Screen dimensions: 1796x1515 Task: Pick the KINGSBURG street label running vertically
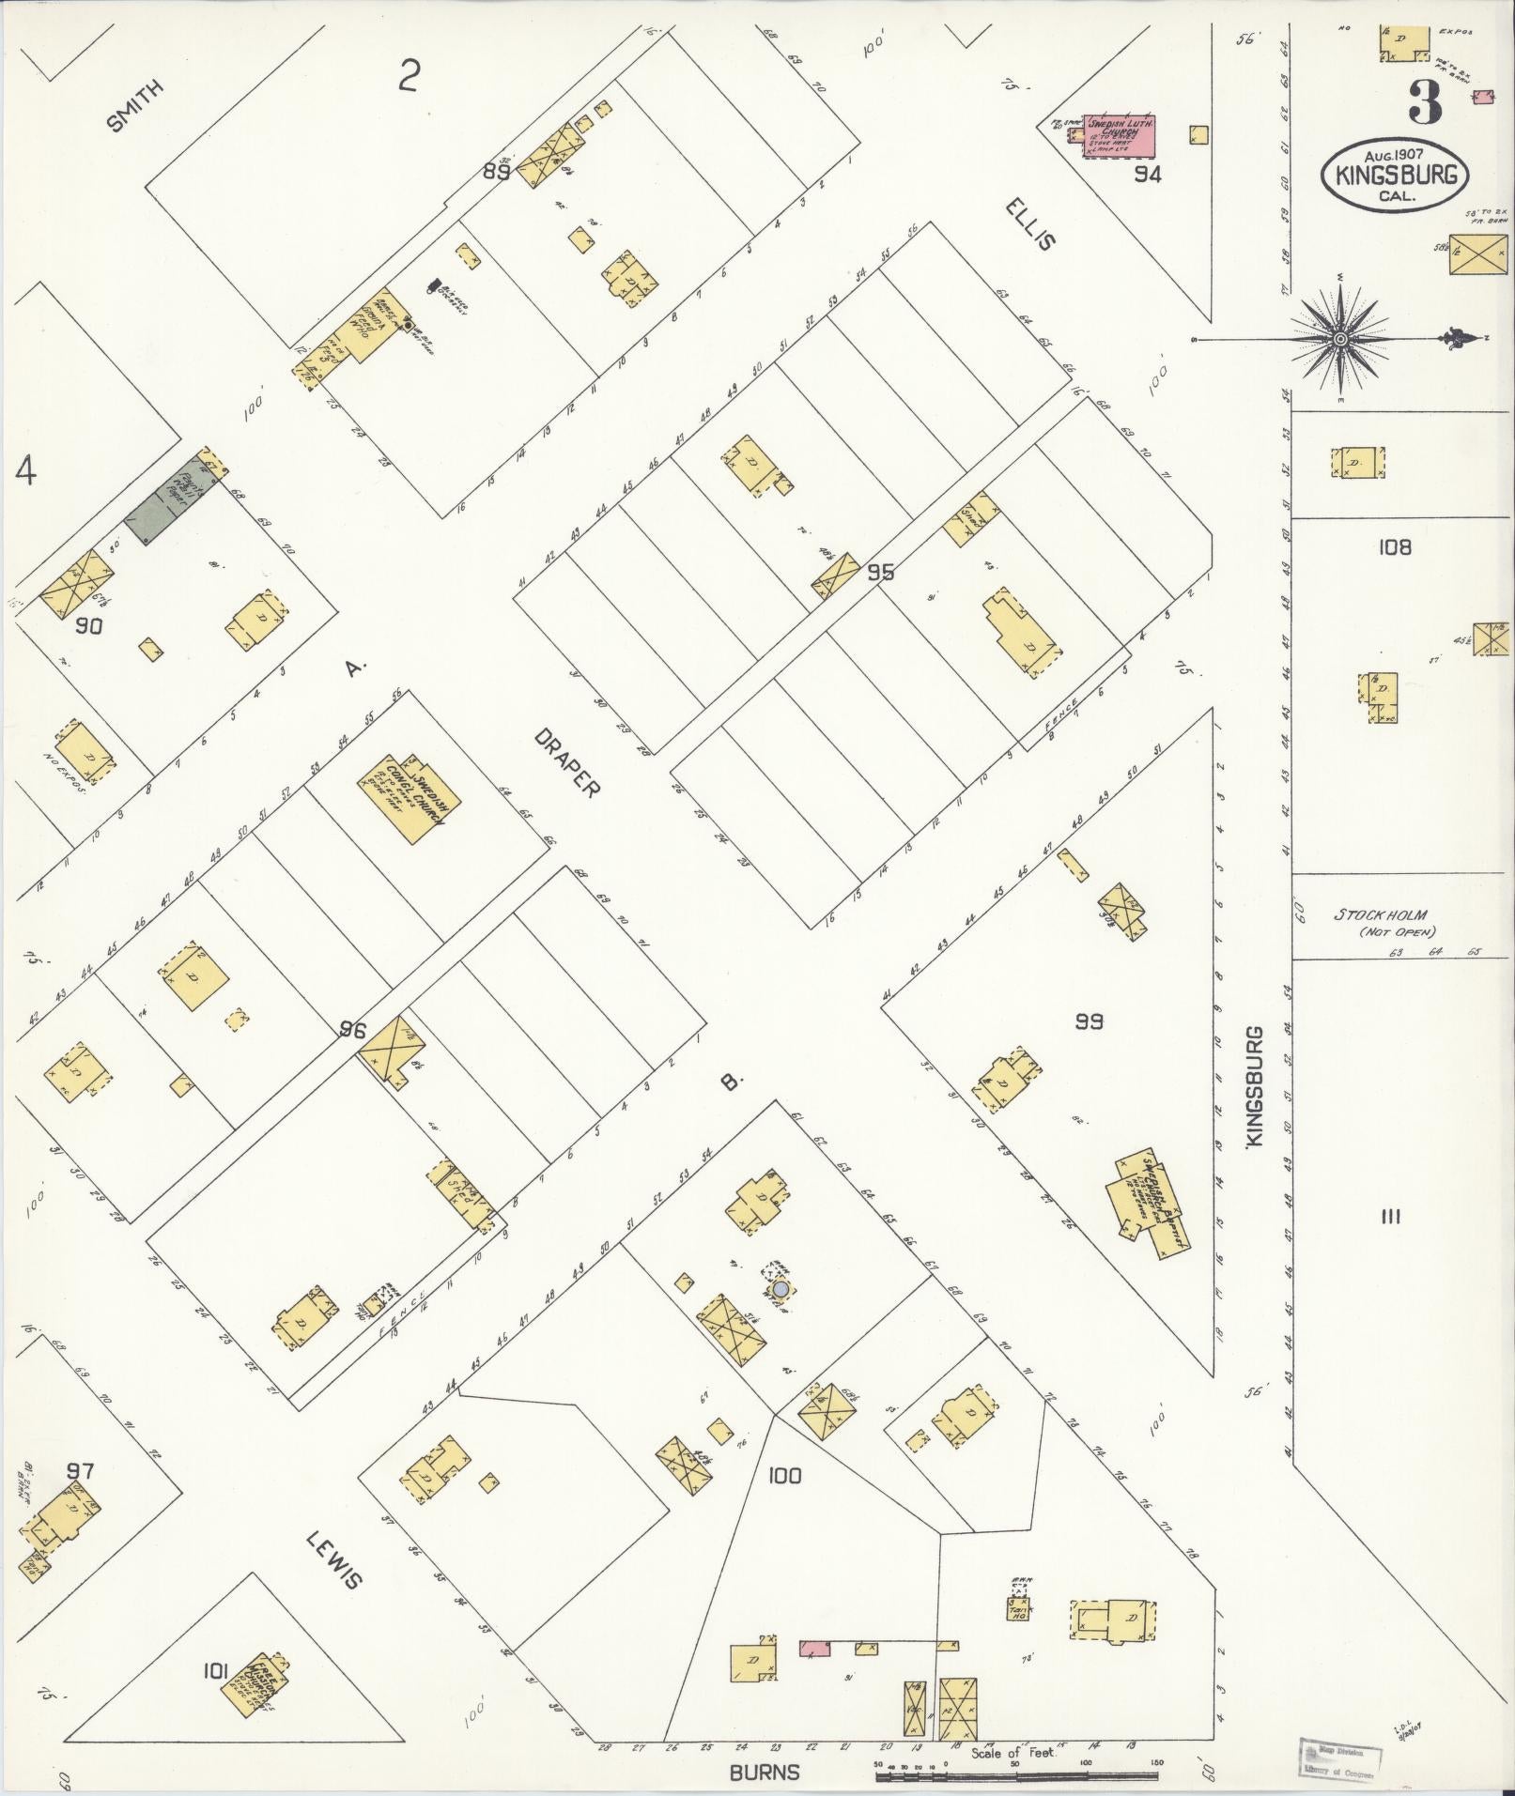[x=1255, y=1084]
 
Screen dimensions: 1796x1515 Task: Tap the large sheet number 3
[x=1424, y=102]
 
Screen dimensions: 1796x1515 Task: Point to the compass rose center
[x=1340, y=338]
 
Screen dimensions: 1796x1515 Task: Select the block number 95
[x=880, y=572]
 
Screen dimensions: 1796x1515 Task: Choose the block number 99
[x=1089, y=1021]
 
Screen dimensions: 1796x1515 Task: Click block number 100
[x=784, y=1476]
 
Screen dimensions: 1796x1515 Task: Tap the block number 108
[x=1395, y=546]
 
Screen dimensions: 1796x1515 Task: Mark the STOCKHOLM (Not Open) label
[x=1380, y=922]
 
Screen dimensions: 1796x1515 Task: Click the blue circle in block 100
[x=780, y=1289]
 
